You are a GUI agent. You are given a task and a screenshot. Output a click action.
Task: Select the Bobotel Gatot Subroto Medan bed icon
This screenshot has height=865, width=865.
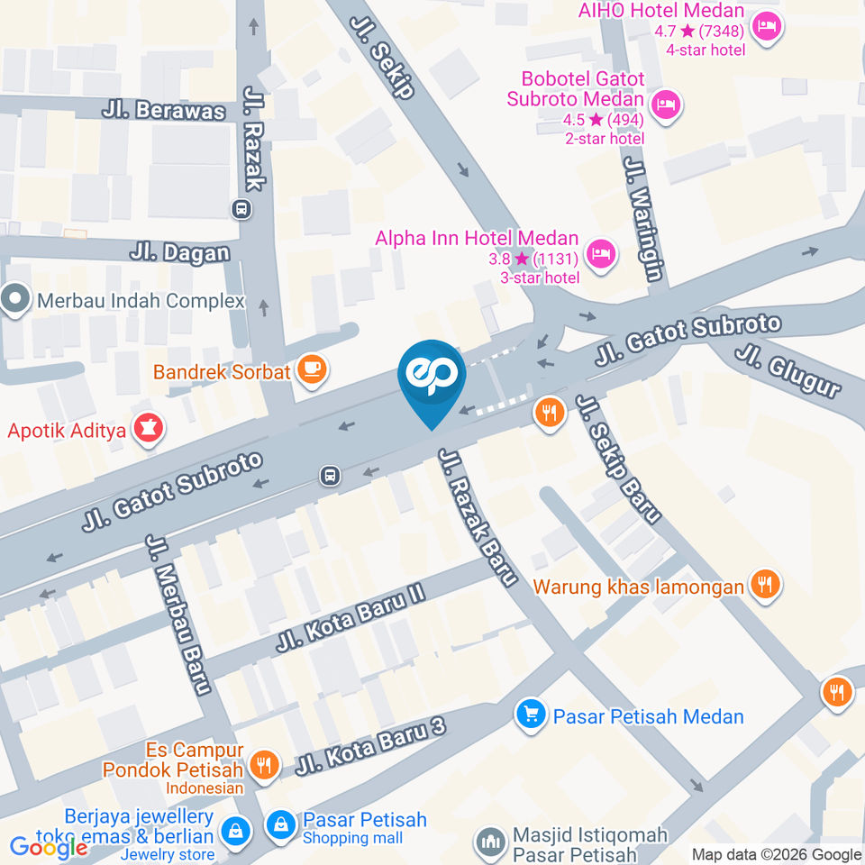(x=667, y=104)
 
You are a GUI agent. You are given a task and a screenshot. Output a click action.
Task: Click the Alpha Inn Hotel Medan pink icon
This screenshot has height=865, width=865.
(x=601, y=254)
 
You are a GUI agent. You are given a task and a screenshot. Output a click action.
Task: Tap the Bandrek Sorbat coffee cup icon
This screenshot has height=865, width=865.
(x=312, y=369)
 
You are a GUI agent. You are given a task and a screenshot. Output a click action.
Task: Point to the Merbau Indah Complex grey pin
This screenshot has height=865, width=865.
(x=15, y=300)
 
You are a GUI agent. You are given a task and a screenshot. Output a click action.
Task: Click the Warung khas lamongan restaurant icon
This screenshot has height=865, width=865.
(x=766, y=586)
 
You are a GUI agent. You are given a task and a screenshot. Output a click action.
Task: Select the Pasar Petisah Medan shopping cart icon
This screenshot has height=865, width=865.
(x=531, y=715)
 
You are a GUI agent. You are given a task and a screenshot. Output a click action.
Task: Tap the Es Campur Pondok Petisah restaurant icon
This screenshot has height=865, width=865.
(x=264, y=764)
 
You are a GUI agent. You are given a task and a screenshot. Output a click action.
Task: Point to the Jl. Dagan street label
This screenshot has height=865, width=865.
(x=179, y=252)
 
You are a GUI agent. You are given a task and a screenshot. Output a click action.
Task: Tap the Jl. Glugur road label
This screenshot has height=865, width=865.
(x=788, y=369)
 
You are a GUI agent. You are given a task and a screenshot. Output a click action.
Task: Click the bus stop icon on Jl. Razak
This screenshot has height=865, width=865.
(x=241, y=209)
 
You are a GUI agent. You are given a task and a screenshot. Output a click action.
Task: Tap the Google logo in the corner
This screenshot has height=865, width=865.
(x=49, y=847)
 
